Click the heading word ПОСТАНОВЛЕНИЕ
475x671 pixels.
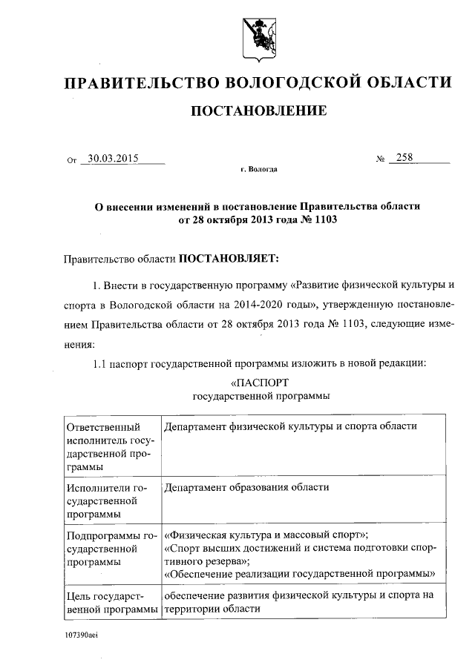pos(258,111)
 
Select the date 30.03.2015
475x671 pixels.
pos(114,157)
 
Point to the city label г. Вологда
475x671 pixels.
pos(258,170)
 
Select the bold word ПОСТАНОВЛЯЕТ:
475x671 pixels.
pos(228,259)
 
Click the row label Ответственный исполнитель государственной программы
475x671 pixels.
pos(110,447)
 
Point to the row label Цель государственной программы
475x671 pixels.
pos(111,602)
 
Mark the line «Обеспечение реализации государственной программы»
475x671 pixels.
pos(299,573)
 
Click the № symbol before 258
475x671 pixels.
pos(381,159)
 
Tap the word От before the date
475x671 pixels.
pos(71,159)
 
